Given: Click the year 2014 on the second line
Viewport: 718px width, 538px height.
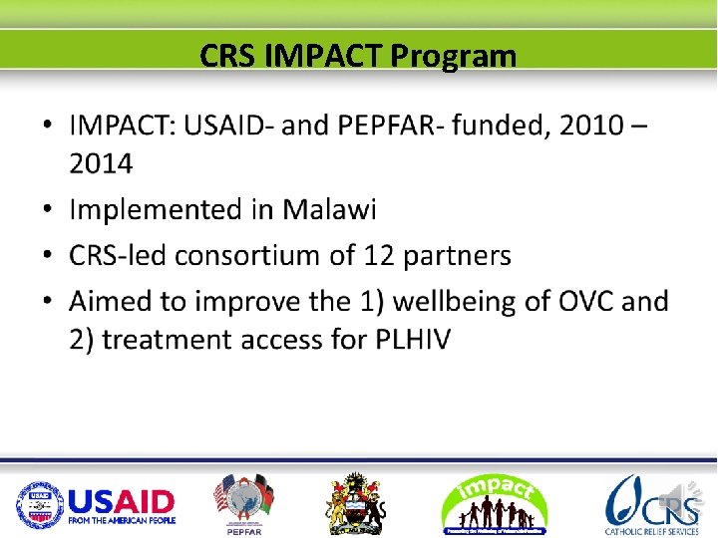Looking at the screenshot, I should (x=101, y=163).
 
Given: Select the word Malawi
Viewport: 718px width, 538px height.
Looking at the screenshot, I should (x=329, y=210).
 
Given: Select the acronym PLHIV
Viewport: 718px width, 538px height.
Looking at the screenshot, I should (x=413, y=340).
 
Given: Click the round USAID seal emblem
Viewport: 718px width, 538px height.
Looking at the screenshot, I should (x=39, y=504).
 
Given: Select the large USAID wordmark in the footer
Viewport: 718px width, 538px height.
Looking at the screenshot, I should (x=122, y=500).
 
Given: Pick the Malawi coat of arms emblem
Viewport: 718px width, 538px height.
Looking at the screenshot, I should (x=356, y=503).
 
